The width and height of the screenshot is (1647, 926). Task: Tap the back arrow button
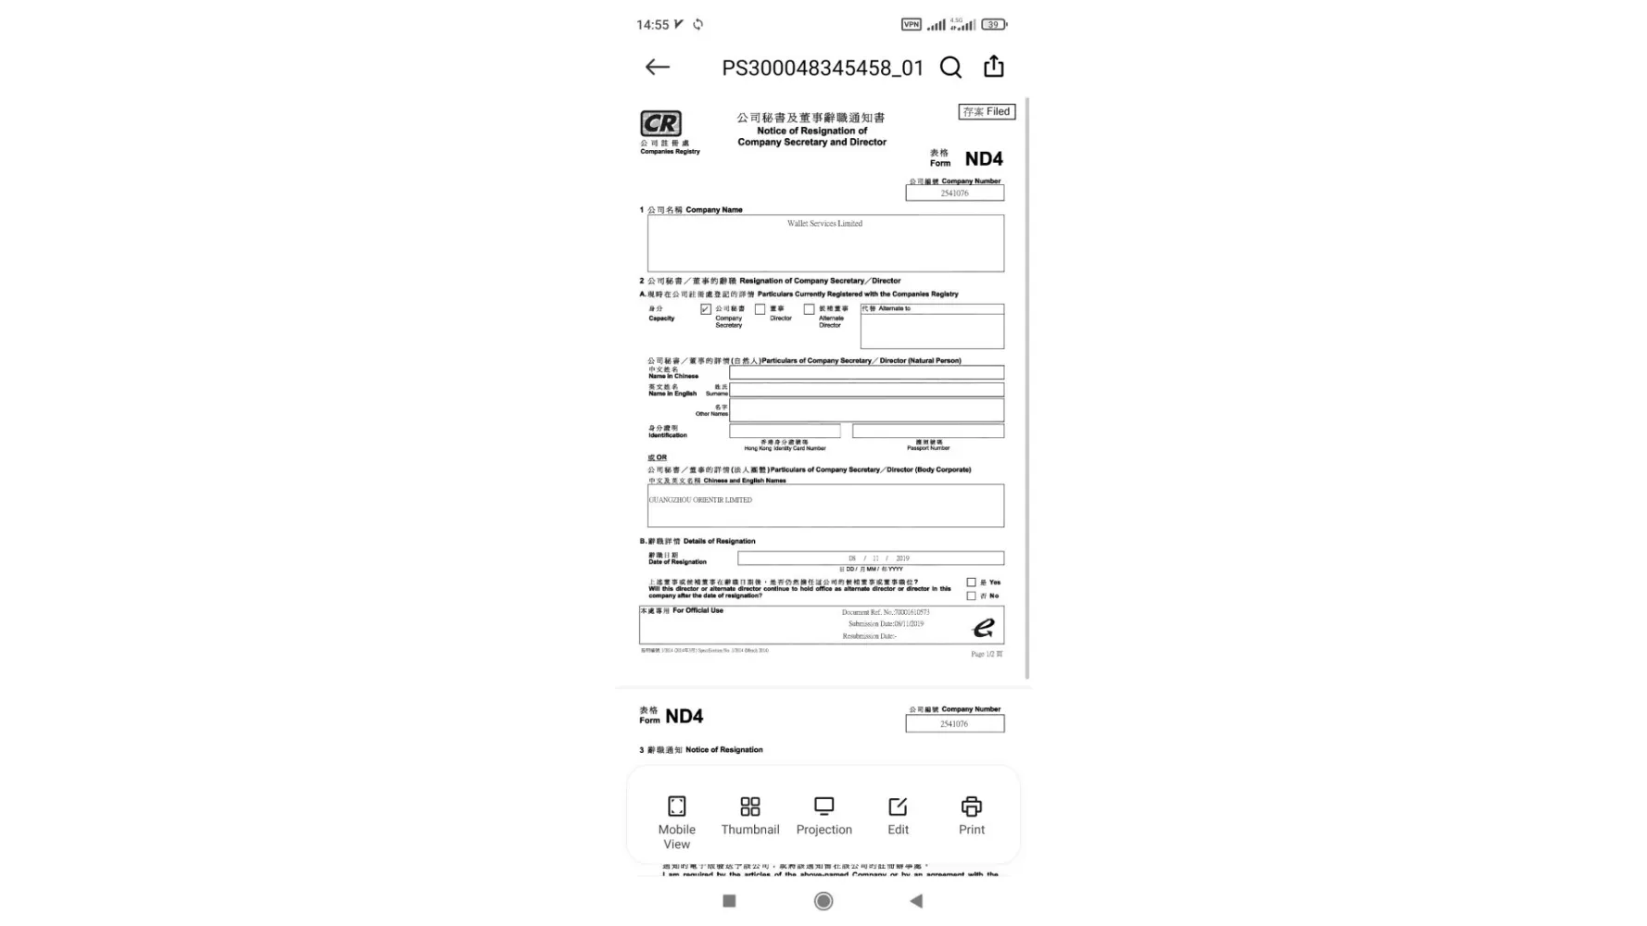pyautogui.click(x=657, y=67)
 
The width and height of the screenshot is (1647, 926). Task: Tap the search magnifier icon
pyautogui.click(x=950, y=67)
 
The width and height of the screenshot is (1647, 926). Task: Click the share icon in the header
pyautogui.click(x=994, y=67)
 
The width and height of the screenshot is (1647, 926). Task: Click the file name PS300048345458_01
pyautogui.click(x=823, y=68)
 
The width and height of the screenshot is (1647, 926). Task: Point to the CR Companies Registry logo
pyautogui.click(x=660, y=124)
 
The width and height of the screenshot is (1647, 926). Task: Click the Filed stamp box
pyautogui.click(x=987, y=112)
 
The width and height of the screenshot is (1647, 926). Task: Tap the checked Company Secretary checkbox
pyautogui.click(x=706, y=309)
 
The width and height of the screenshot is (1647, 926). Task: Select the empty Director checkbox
pyautogui.click(x=760, y=309)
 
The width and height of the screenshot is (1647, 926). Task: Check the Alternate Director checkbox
pyautogui.click(x=809, y=309)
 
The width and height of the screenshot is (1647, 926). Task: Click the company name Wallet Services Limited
pyautogui.click(x=824, y=223)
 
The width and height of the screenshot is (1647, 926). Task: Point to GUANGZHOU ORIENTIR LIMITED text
pyautogui.click(x=700, y=500)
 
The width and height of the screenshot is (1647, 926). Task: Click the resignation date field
pyautogui.click(x=870, y=558)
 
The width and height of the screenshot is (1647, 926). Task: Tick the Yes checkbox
pyautogui.click(x=971, y=582)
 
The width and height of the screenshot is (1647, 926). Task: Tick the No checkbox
pyautogui.click(x=971, y=595)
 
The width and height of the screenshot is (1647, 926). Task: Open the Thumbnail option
pyautogui.click(x=750, y=816)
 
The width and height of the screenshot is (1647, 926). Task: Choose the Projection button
pyautogui.click(x=823, y=816)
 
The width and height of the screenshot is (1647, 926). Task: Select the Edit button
pyautogui.click(x=898, y=816)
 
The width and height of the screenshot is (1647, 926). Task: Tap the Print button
pyautogui.click(x=971, y=816)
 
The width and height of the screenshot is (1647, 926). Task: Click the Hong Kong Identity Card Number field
pyautogui.click(x=785, y=431)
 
